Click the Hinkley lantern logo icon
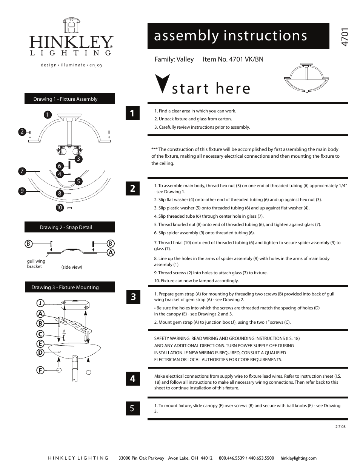coord(72,26)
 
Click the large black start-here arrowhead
coord(162,83)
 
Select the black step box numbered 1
coord(132,113)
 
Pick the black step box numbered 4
coord(132,378)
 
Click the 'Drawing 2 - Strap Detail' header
coord(69,227)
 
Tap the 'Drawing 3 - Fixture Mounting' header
coord(69,287)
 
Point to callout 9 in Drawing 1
coord(22,191)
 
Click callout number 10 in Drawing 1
coord(59,208)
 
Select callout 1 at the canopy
coord(47,114)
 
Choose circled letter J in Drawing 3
coord(40,303)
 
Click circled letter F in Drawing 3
coord(40,371)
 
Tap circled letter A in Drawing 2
coord(111,252)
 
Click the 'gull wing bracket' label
coord(36,264)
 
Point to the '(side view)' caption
coord(72,267)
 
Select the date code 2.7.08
coord(340,426)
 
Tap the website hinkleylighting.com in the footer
coord(298,458)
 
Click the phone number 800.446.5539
coord(232,458)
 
